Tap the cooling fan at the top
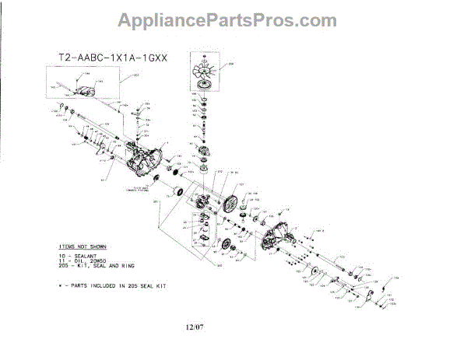coord(204,76)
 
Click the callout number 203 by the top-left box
coord(137,75)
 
